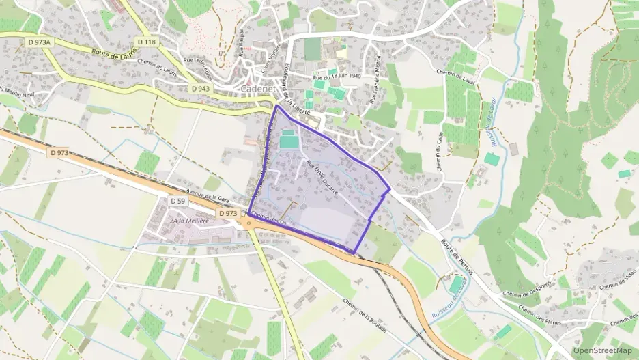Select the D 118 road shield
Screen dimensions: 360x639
[x=146, y=42]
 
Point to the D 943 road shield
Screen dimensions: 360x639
[x=200, y=88]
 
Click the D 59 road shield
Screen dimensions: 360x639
[x=177, y=201]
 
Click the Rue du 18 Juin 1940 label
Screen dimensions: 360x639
[x=337, y=77]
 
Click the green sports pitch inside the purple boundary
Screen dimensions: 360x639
[x=289, y=141]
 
